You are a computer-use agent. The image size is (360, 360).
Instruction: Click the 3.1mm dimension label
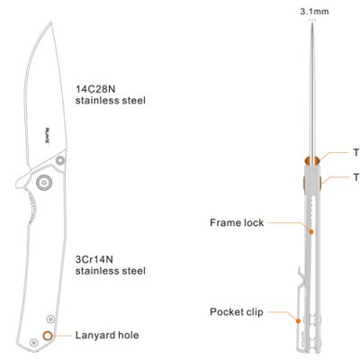click(x=314, y=12)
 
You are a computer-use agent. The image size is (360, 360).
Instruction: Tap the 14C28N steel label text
click(x=111, y=94)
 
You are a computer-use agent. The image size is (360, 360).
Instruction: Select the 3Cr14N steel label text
click(x=111, y=265)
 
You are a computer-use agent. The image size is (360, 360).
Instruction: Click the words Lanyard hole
click(x=107, y=335)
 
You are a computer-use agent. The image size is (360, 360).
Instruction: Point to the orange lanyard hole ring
click(x=48, y=336)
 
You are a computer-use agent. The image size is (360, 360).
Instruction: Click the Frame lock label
click(x=237, y=222)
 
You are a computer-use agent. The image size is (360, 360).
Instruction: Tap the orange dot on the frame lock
click(x=311, y=232)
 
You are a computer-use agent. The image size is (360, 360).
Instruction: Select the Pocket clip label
click(x=237, y=312)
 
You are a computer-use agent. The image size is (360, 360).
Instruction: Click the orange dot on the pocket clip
click(x=298, y=320)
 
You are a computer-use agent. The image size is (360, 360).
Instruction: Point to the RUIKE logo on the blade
click(x=47, y=136)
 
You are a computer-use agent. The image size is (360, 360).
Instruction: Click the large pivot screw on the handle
click(x=44, y=182)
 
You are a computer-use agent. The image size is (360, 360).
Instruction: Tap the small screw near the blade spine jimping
click(x=61, y=160)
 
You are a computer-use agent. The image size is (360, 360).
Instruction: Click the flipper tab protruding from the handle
click(x=22, y=182)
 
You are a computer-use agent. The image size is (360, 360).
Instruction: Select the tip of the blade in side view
click(x=51, y=22)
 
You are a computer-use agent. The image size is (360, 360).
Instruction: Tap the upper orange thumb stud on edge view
click(x=312, y=161)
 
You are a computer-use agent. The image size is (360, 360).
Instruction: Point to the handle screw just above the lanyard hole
click(x=50, y=319)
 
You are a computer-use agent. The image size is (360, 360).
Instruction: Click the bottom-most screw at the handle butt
click(x=34, y=342)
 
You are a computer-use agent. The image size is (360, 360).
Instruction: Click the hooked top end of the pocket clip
click(x=301, y=272)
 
